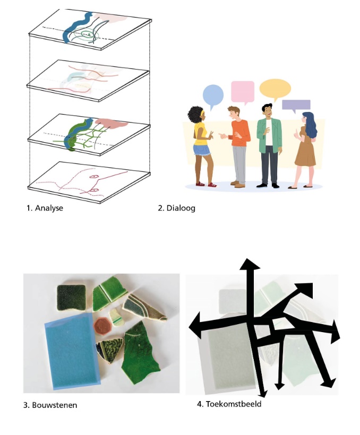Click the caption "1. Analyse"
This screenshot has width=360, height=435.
[x=45, y=208]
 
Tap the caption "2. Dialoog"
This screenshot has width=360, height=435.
[x=177, y=208]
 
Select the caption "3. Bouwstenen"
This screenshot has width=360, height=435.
[x=50, y=405]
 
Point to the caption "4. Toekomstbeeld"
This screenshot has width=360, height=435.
[x=229, y=404]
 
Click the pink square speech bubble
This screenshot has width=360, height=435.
[x=243, y=92]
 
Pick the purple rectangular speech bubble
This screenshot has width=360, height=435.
[x=296, y=106]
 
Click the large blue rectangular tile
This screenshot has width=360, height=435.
[x=72, y=352]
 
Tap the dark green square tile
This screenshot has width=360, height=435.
[x=71, y=298]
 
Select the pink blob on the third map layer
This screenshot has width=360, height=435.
[x=110, y=124]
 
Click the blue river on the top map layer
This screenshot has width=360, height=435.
[x=75, y=27]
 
